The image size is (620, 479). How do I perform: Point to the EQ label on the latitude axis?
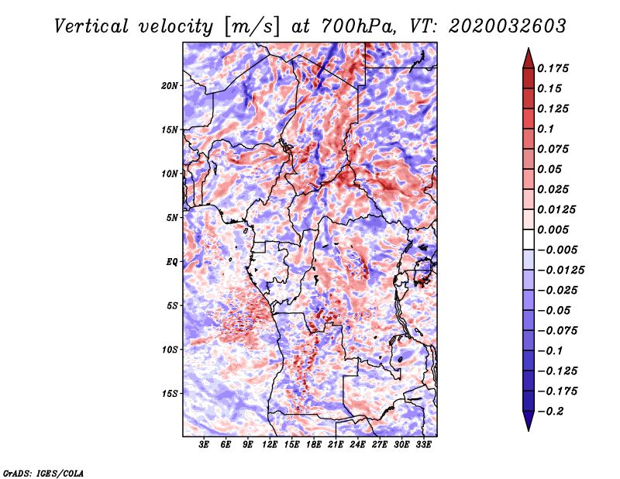(x=171, y=262)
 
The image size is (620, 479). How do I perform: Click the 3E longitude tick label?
(x=205, y=445)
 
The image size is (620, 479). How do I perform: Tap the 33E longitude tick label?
(x=423, y=445)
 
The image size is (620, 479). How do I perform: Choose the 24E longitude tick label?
(x=358, y=445)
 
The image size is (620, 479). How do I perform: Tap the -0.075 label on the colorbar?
(x=559, y=330)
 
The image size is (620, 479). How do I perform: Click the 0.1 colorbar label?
(x=548, y=129)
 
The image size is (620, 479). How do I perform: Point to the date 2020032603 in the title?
(x=493, y=26)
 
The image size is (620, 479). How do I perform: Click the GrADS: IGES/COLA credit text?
(x=43, y=472)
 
